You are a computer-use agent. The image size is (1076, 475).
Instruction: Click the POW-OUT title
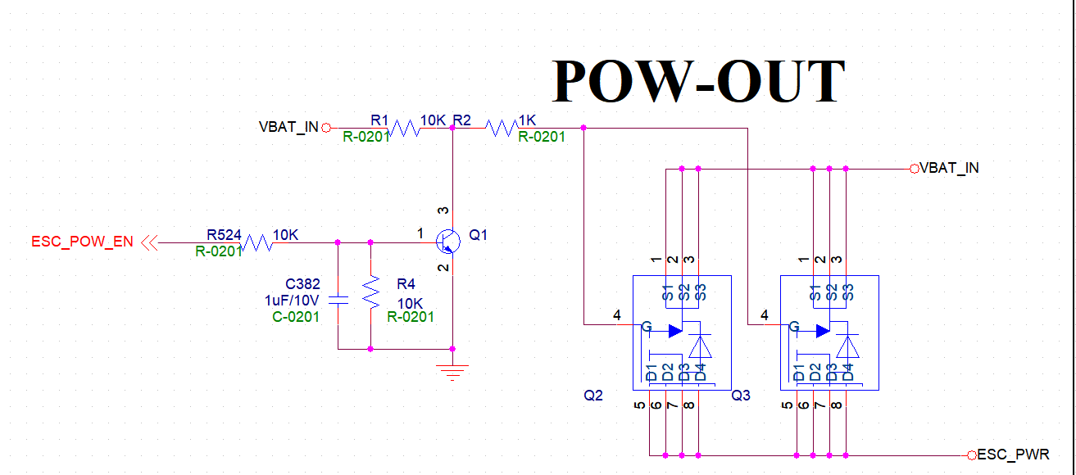[x=699, y=80]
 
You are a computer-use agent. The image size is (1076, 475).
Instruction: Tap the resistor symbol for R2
[x=501, y=128]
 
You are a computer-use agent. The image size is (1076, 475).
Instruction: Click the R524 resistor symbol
[x=257, y=242]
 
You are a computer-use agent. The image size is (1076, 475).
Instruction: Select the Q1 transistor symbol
[x=447, y=239]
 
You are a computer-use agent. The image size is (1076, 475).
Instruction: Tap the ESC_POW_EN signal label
[x=82, y=242]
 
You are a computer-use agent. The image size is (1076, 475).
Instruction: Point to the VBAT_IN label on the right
[x=949, y=168]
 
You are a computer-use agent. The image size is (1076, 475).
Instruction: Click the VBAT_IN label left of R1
[x=288, y=128]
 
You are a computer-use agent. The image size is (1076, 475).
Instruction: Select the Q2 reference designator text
[x=593, y=396]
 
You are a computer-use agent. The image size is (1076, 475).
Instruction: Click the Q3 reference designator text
[x=741, y=396]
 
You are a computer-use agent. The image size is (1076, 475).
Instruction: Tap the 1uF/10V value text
[x=292, y=301]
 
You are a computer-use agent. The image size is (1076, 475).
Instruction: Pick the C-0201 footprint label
[x=296, y=317]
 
